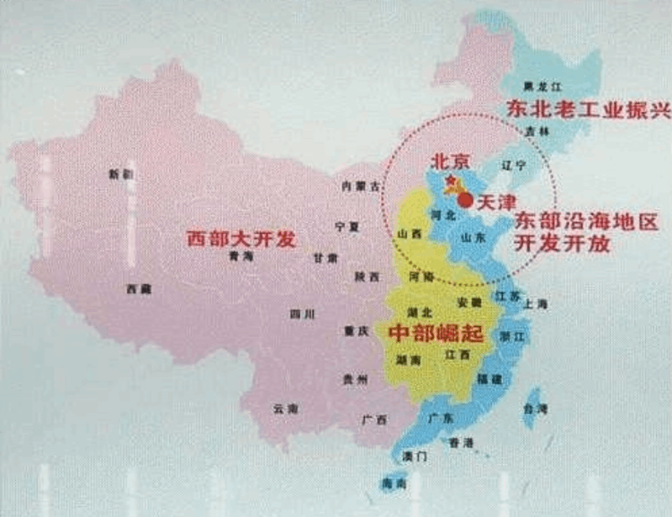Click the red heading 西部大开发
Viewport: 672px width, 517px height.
(x=240, y=239)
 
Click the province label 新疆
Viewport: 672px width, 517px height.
(x=119, y=174)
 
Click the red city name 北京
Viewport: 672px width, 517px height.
(x=451, y=162)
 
